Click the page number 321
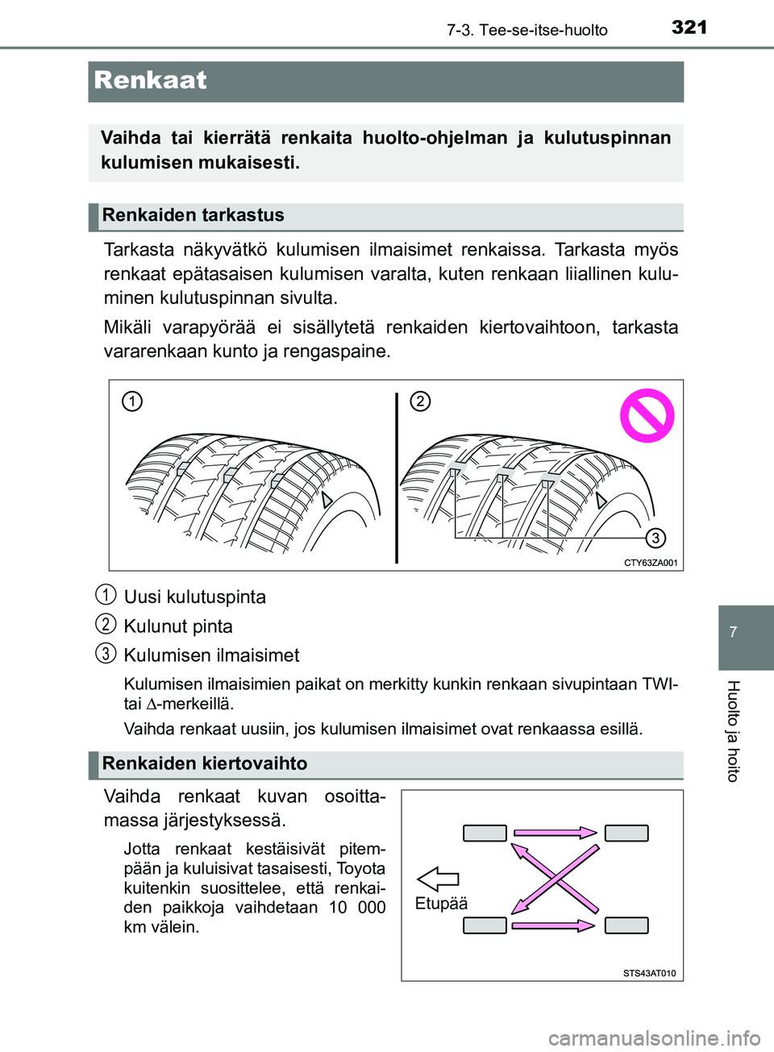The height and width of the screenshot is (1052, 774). point(689,27)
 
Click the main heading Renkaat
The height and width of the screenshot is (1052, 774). point(151,81)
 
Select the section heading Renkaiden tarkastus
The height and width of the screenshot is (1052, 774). point(193,215)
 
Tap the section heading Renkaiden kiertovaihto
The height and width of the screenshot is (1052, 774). point(205,763)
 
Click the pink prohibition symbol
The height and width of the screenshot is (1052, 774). point(647,416)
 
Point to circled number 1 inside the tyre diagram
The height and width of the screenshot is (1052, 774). point(132,401)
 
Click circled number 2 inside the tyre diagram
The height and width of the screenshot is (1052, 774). point(420,401)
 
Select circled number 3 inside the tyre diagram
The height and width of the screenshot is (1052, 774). point(655,538)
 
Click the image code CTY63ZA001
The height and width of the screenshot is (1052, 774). point(651,563)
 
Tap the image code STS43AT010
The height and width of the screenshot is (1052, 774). point(649,973)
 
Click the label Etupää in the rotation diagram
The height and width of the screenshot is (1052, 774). point(441,904)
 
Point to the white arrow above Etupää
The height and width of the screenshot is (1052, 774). point(438,879)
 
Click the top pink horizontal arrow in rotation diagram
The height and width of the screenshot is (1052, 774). point(555,833)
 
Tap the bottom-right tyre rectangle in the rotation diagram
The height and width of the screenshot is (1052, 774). point(626,925)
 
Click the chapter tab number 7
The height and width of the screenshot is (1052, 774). point(733,632)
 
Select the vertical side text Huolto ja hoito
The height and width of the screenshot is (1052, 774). point(733,730)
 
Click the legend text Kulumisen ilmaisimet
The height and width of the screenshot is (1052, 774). point(211,655)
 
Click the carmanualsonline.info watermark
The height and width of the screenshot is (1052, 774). point(654,1037)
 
